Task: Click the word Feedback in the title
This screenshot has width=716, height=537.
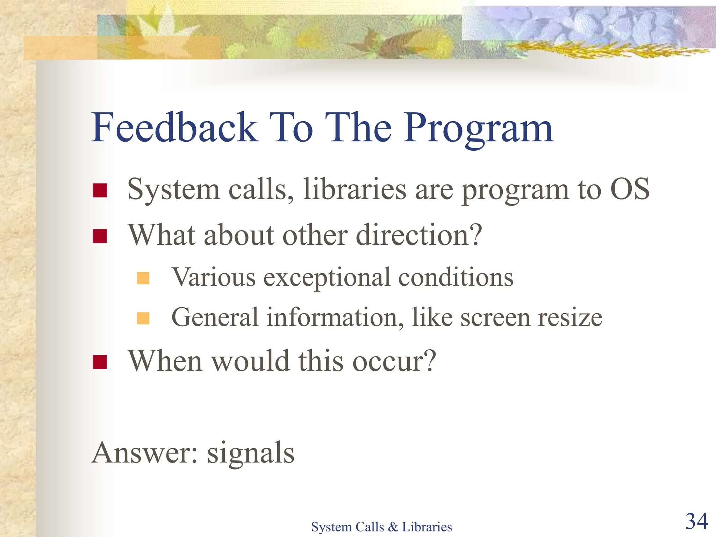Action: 175,128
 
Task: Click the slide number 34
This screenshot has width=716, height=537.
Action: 696,521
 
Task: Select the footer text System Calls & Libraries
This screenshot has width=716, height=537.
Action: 381,527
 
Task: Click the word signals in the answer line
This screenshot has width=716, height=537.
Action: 251,453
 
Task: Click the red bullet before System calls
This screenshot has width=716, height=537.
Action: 100,191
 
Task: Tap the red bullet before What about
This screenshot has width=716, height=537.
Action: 100,236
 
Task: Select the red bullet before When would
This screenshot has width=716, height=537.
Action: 100,362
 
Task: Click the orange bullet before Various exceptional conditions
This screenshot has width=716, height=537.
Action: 143,278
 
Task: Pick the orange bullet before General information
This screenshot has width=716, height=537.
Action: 143,318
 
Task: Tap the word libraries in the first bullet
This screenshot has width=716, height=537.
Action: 355,189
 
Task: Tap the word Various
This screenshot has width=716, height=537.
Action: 214,277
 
